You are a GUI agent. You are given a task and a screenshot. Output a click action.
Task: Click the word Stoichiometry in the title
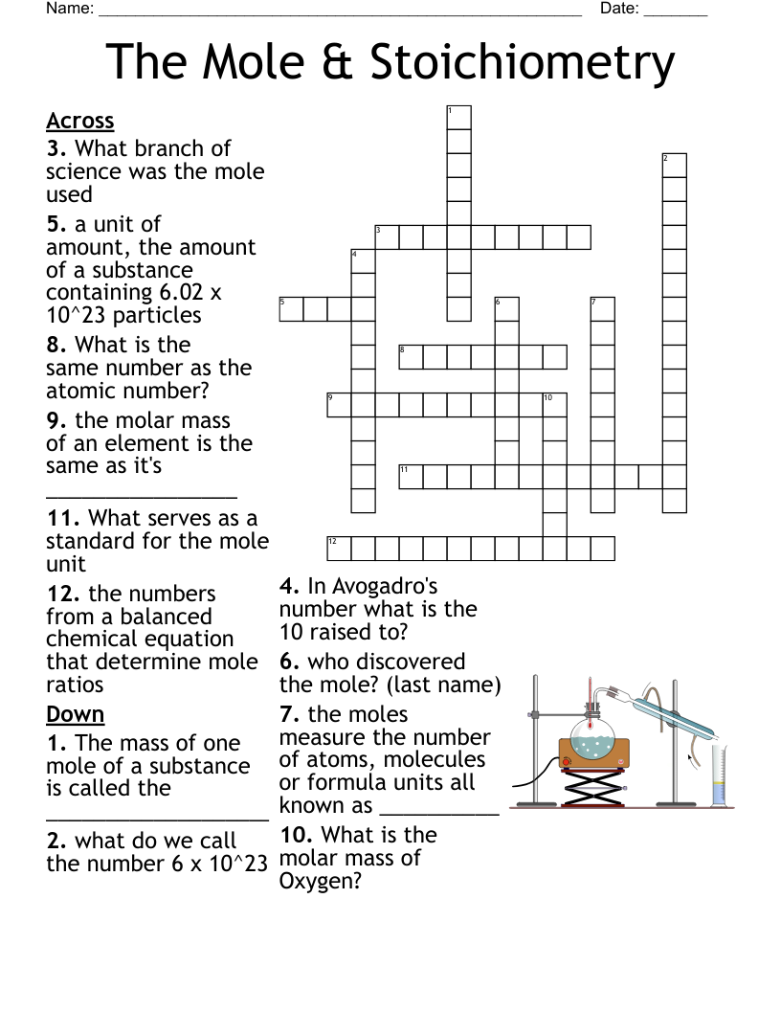click(x=522, y=63)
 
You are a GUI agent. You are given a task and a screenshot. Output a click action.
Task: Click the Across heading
click(x=80, y=121)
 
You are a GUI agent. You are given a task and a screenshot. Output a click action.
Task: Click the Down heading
click(x=76, y=714)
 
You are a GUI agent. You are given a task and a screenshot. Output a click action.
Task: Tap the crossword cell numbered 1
click(x=458, y=118)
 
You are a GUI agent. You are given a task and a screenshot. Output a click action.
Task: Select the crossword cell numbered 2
click(x=674, y=166)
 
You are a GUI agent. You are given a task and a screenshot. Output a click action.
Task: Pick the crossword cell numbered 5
click(x=291, y=309)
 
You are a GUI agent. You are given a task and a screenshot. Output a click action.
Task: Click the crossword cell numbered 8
click(x=411, y=357)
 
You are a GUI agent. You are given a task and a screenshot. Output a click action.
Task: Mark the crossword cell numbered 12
click(x=339, y=548)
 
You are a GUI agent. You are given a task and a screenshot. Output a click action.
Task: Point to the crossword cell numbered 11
click(x=411, y=477)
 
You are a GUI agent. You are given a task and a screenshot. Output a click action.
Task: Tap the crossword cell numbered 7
click(x=602, y=309)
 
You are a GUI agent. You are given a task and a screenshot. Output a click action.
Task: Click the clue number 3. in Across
click(x=57, y=148)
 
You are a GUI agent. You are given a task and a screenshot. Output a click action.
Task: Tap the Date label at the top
click(x=618, y=9)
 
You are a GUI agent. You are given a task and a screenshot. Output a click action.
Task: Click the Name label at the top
click(x=69, y=9)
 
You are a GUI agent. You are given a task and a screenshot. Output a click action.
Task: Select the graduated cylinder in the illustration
click(x=719, y=775)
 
